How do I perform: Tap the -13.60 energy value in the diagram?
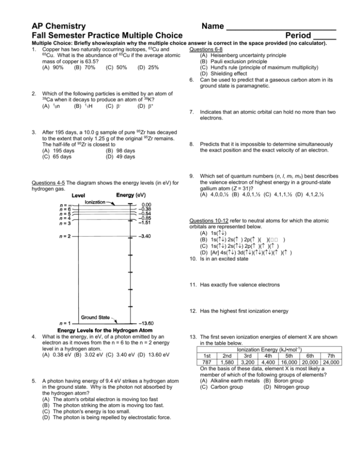coord(150,323)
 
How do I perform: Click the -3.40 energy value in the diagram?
coord(150,236)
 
